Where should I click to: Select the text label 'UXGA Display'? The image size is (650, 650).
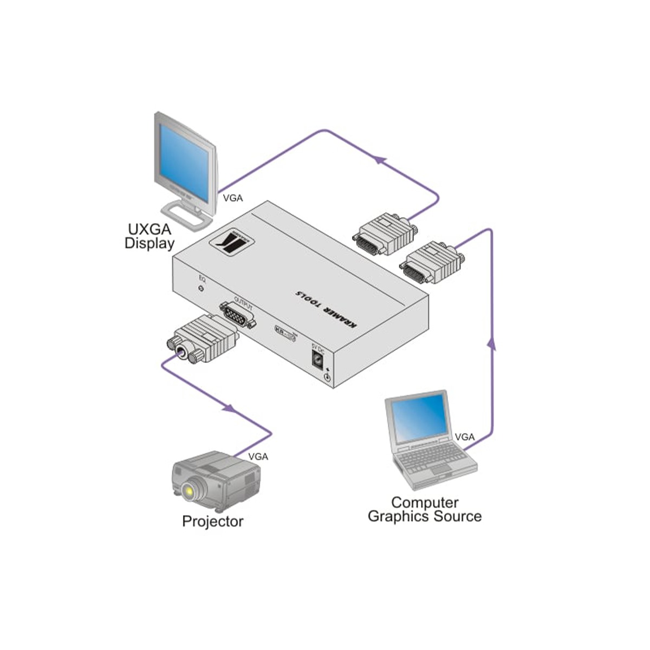149,236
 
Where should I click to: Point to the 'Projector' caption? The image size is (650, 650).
212,522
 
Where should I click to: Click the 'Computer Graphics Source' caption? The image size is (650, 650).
424,509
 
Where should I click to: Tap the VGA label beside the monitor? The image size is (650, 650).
233,198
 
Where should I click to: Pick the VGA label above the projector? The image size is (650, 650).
258,457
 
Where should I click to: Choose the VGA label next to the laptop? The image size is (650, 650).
465,437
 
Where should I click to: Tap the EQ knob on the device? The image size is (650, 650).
202,289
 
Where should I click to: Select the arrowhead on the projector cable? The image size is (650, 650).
230,407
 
